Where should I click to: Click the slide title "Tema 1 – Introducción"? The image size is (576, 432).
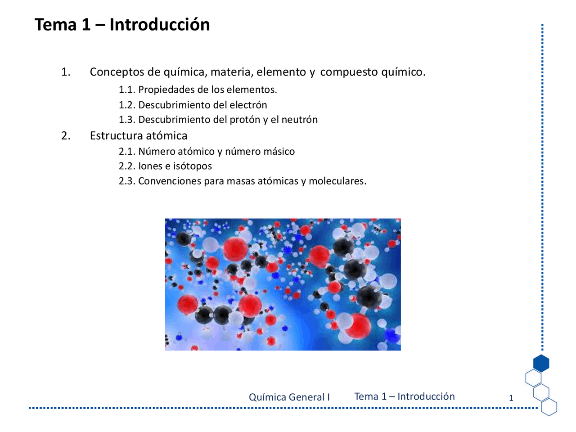point(122,24)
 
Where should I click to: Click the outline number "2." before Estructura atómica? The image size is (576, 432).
point(66,136)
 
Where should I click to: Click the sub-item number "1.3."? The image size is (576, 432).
point(127,120)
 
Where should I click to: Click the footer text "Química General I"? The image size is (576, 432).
point(289,397)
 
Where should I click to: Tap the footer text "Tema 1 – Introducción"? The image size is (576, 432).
point(405,396)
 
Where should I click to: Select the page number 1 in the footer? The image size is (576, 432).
point(511,398)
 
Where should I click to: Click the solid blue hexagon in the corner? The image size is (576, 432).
point(541,363)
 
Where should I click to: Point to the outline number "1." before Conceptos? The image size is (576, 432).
point(66,72)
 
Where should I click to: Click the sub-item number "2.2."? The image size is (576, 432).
point(127,166)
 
